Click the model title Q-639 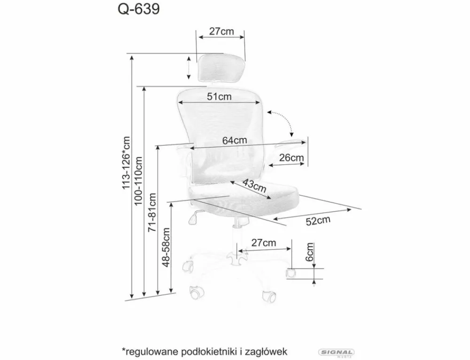click(x=139, y=9)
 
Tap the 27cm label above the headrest click(x=221, y=31)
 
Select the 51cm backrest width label click(x=219, y=96)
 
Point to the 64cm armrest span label click(x=235, y=140)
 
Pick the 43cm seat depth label click(x=254, y=186)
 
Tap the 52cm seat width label click(x=318, y=220)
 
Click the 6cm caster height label click(x=309, y=252)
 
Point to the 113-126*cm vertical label click(x=126, y=163)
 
